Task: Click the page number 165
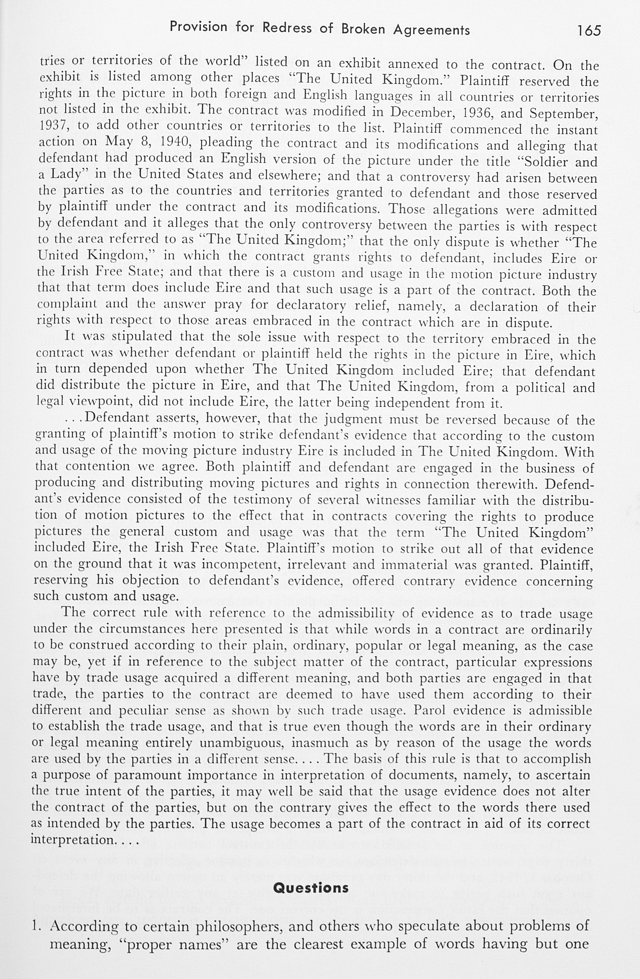click(589, 31)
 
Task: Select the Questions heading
click(311, 887)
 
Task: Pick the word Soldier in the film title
click(543, 162)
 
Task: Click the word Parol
click(431, 710)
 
